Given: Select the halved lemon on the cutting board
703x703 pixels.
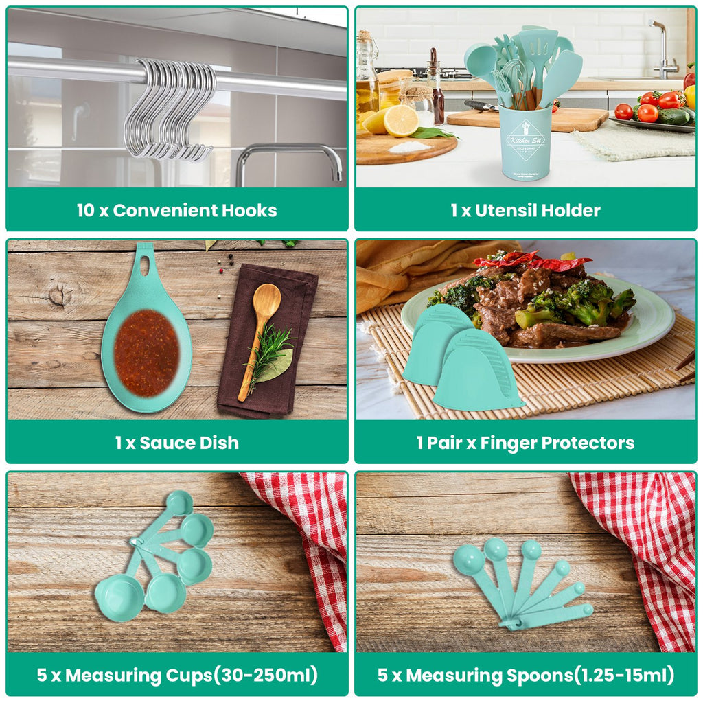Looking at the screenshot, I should point(401,120).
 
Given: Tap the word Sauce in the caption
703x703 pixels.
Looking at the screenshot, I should point(163,443).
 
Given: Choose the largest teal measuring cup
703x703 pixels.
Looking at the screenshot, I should point(119,597).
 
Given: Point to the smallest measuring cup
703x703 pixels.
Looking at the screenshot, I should point(180,503).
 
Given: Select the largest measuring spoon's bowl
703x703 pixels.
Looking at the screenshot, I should point(468,560).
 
